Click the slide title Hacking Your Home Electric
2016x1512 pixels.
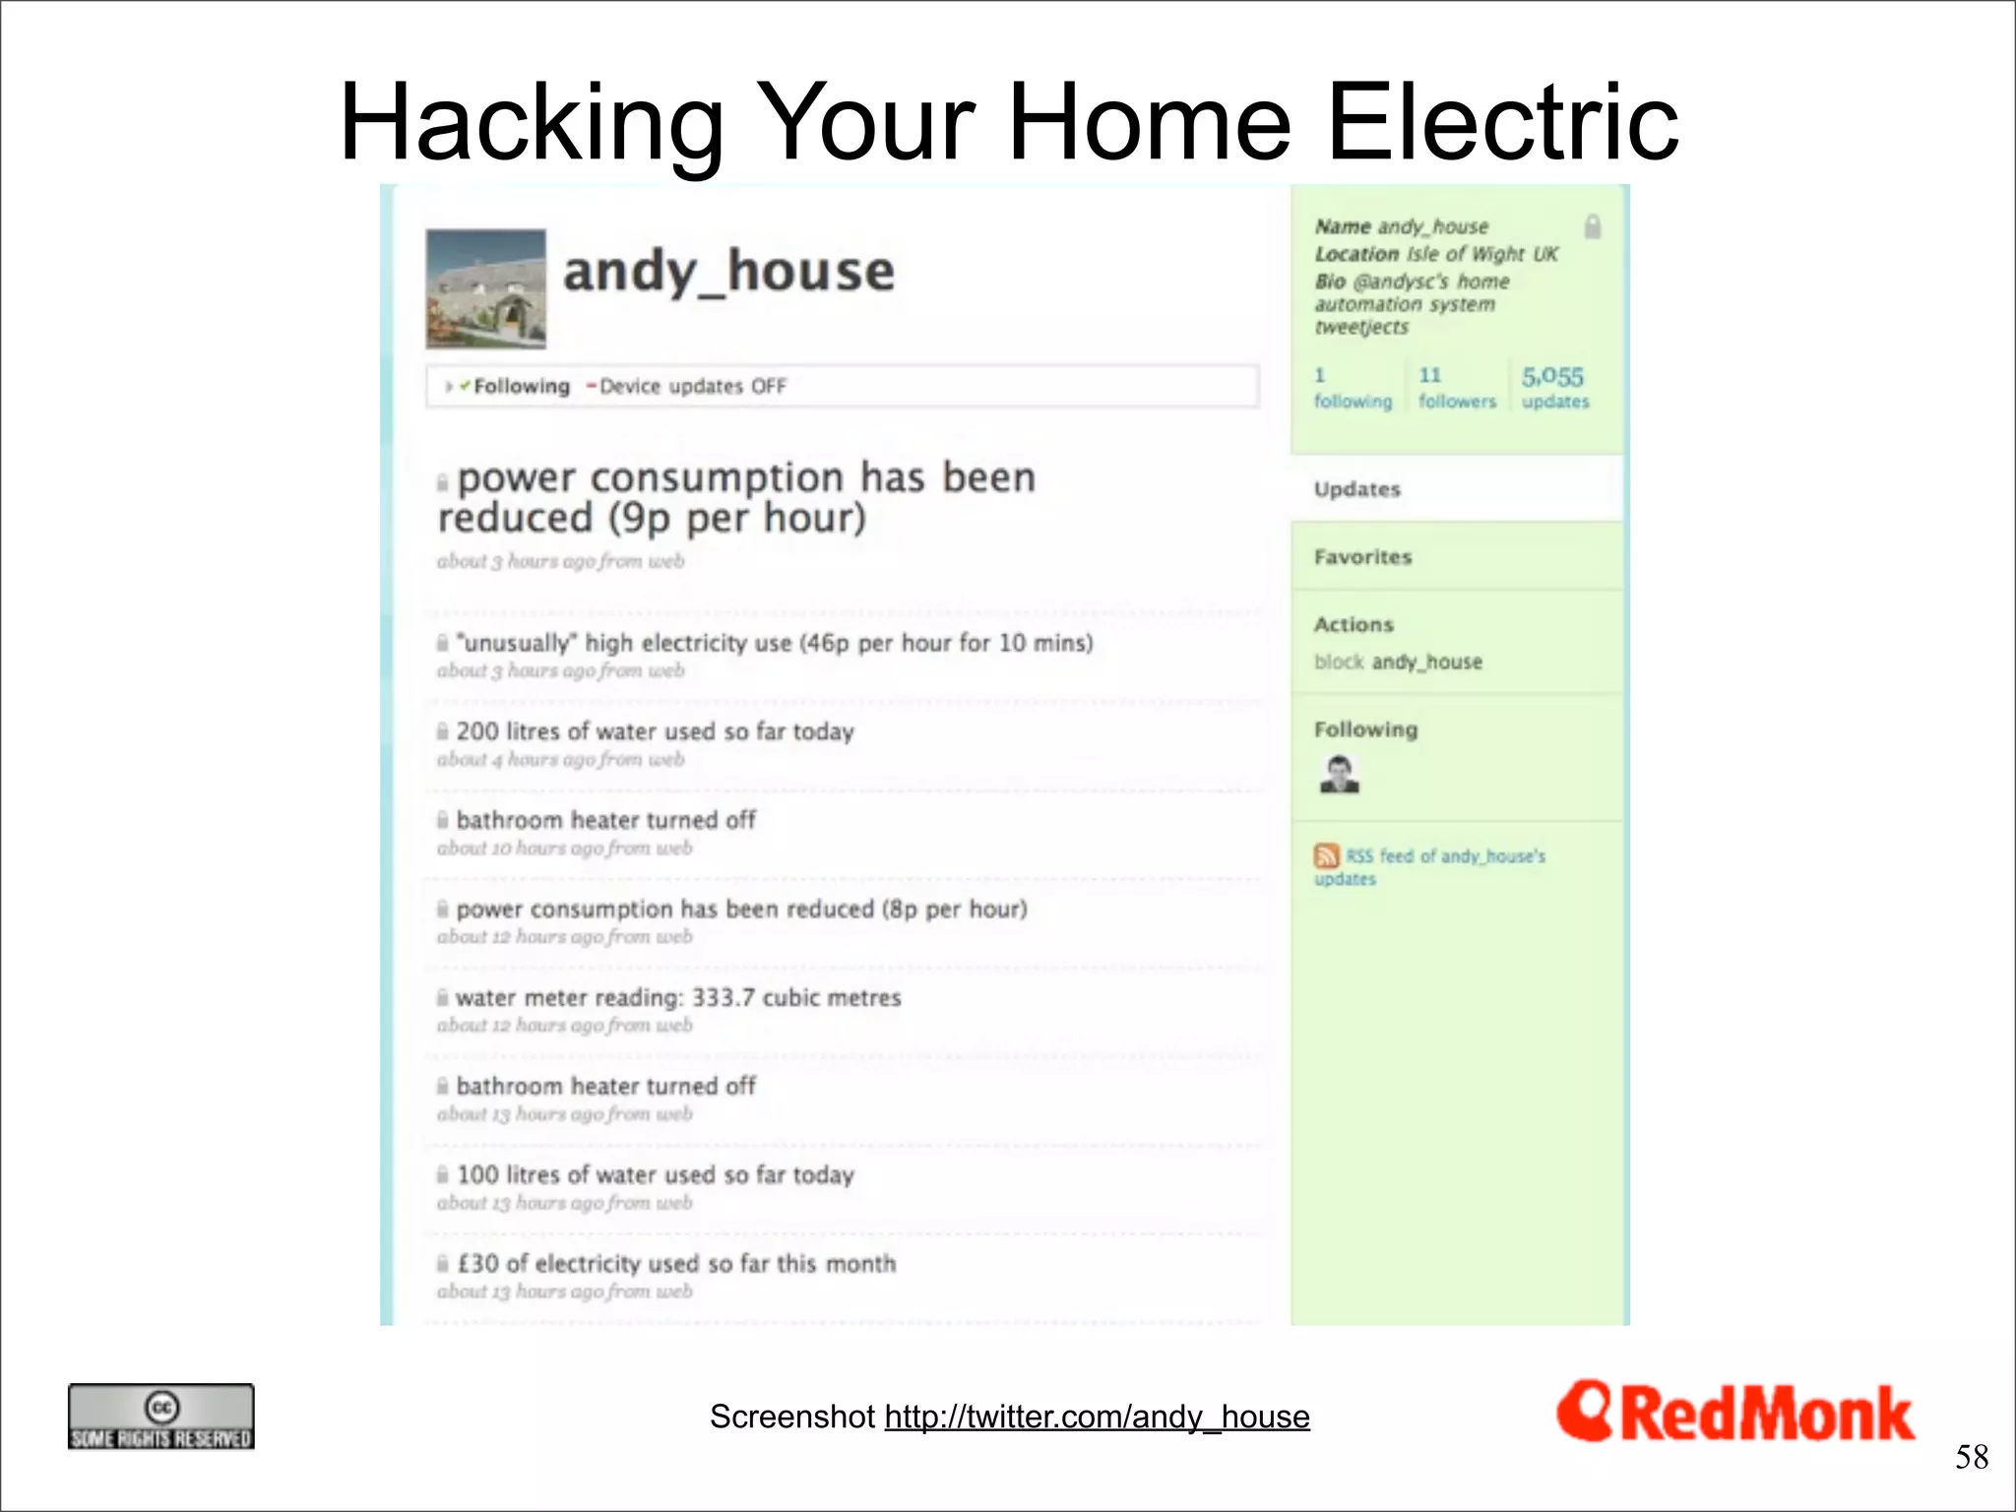coord(1009,122)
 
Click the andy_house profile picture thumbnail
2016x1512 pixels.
coord(485,288)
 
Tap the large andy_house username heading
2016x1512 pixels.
coord(728,272)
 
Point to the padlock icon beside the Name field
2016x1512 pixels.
coord(1592,227)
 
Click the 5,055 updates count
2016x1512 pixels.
coord(1553,387)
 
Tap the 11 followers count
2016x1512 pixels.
coord(1456,387)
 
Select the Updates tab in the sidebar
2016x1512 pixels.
coord(1357,489)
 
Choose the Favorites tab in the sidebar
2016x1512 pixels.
coord(1362,557)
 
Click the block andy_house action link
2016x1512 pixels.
coord(1398,661)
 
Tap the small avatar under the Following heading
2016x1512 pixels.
coord(1339,774)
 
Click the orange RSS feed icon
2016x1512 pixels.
coord(1326,855)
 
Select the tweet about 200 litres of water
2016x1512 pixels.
coord(655,731)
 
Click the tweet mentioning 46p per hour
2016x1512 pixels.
coord(775,643)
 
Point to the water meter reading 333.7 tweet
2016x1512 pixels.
coord(678,997)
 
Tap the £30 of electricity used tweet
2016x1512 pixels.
coord(676,1263)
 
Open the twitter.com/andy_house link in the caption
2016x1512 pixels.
coord(1097,1417)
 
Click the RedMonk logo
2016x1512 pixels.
coord(1734,1413)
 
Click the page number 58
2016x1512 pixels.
coord(1971,1457)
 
